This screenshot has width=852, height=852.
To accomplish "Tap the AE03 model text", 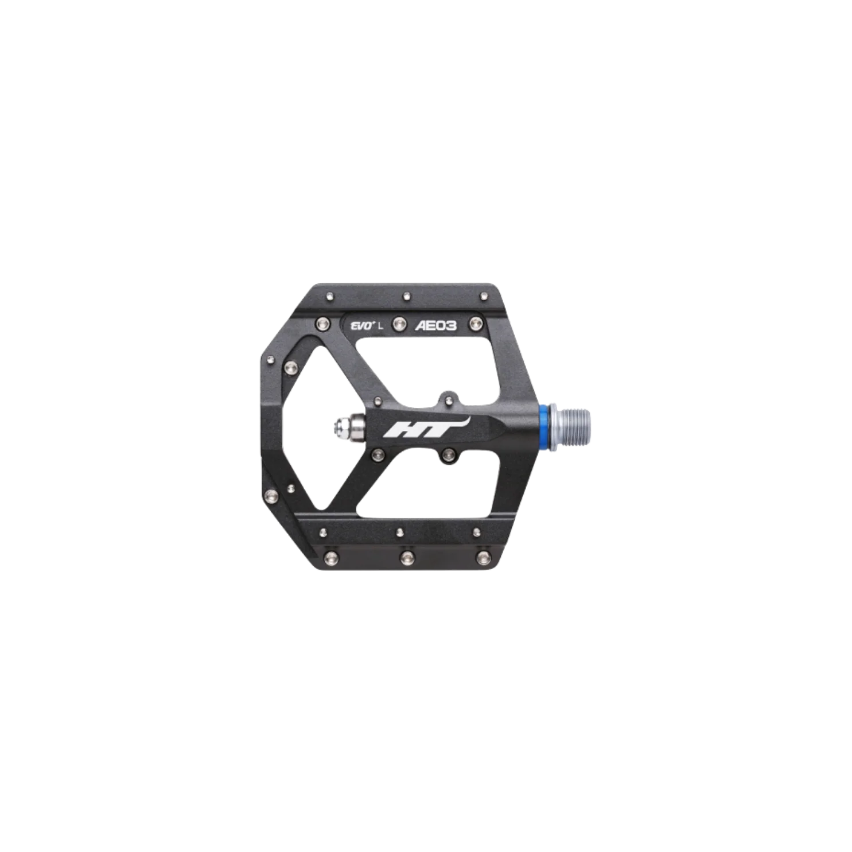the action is (435, 326).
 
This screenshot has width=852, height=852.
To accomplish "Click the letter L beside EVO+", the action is (380, 326).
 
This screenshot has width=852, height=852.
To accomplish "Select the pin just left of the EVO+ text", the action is (321, 325).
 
